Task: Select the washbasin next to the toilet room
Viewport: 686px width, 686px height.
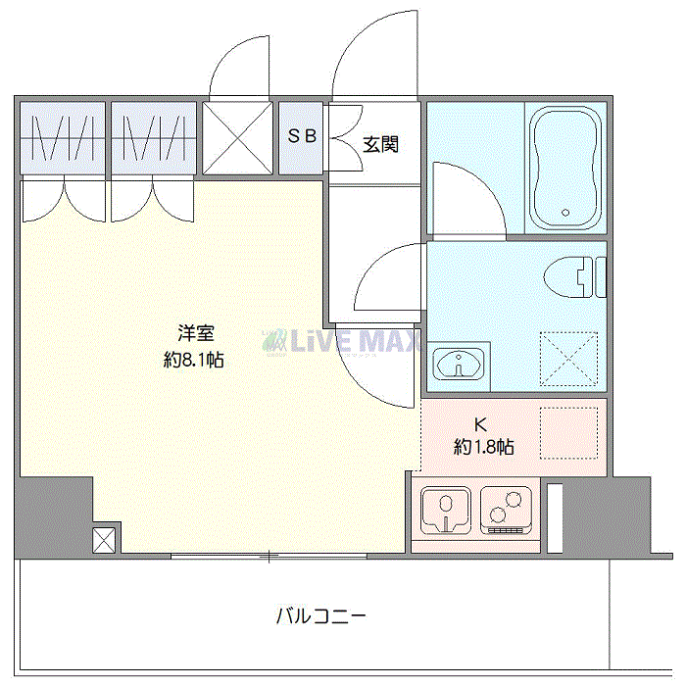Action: [458, 365]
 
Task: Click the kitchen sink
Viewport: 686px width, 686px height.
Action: [446, 511]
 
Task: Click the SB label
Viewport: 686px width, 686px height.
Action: [302, 136]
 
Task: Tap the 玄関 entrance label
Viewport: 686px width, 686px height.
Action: [380, 145]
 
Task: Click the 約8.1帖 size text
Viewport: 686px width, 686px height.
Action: [194, 360]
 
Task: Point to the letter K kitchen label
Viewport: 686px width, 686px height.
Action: [480, 425]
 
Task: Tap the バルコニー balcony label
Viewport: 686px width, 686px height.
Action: [320, 617]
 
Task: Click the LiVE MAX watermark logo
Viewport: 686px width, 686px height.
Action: [343, 342]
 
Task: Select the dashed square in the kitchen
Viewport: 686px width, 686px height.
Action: [568, 432]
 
